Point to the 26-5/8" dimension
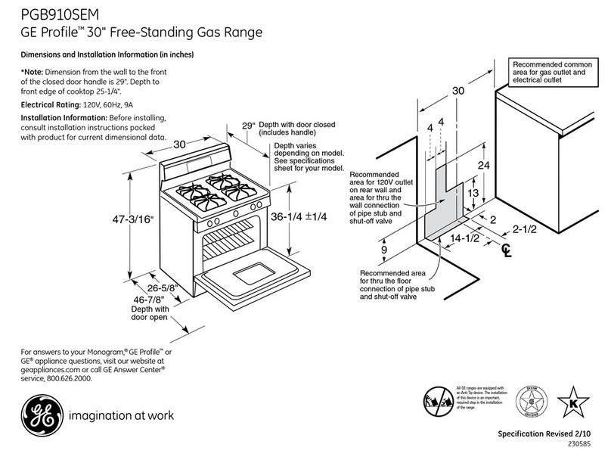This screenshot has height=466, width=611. pyautogui.click(x=163, y=288)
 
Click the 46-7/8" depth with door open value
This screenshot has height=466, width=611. pyautogui.click(x=149, y=300)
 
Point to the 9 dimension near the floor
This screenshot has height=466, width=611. pyautogui.click(x=385, y=249)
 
